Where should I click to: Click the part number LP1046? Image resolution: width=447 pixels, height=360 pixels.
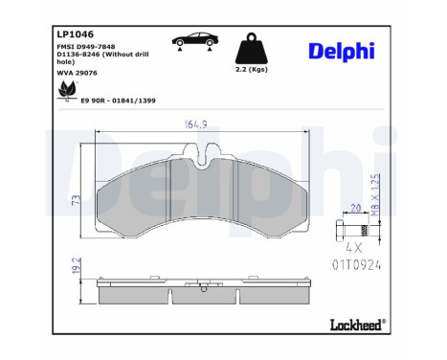click(x=75, y=34)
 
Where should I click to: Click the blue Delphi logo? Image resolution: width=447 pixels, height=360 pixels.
click(x=342, y=51)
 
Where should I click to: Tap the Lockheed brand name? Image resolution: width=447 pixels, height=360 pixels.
click(x=358, y=325)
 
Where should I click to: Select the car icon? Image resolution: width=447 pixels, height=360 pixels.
click(x=195, y=41)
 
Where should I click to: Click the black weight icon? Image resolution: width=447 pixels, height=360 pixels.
click(x=252, y=48)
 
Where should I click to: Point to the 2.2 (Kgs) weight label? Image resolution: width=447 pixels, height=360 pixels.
click(x=252, y=69)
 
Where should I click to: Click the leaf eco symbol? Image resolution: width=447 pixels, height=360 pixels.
click(x=67, y=90)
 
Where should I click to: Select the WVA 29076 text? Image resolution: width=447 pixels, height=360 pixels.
click(x=77, y=73)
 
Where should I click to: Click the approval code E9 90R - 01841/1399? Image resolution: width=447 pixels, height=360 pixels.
click(x=118, y=101)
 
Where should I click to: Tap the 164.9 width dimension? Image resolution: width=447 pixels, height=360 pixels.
click(x=195, y=124)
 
